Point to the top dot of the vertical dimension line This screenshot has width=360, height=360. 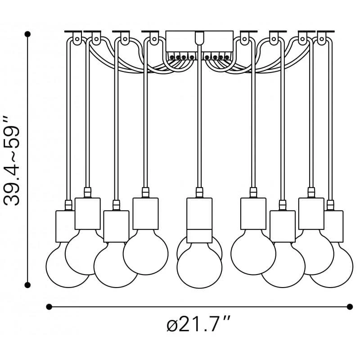click(x=28, y=34)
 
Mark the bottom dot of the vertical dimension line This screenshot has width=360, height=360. click(x=28, y=285)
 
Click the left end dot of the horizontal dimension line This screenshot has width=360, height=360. click(x=49, y=307)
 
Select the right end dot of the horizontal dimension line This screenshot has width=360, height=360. click(x=350, y=307)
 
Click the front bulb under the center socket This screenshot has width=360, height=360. click(x=199, y=265)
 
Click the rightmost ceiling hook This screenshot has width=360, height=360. click(x=321, y=38)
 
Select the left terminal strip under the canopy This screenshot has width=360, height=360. click(x=181, y=57)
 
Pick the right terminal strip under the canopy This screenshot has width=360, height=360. click(x=217, y=57)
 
